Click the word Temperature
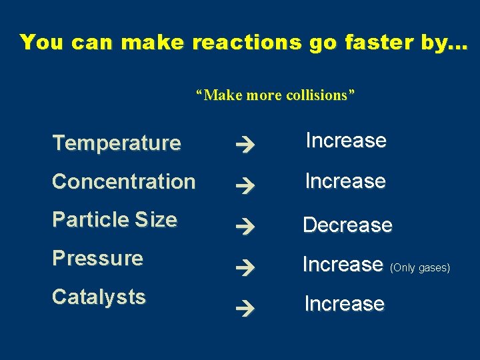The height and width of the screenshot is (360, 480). click(117, 143)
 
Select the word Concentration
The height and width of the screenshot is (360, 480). click(124, 181)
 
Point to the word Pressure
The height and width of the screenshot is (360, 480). click(98, 258)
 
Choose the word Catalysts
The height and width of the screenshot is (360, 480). click(99, 297)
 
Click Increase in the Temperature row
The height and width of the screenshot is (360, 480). click(346, 141)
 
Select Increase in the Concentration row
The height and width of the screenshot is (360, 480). click(345, 181)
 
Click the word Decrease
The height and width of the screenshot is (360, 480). click(347, 225)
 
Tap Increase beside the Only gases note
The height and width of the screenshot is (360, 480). click(343, 265)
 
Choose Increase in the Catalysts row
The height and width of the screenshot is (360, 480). click(345, 304)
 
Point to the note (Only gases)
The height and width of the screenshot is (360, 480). click(421, 268)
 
